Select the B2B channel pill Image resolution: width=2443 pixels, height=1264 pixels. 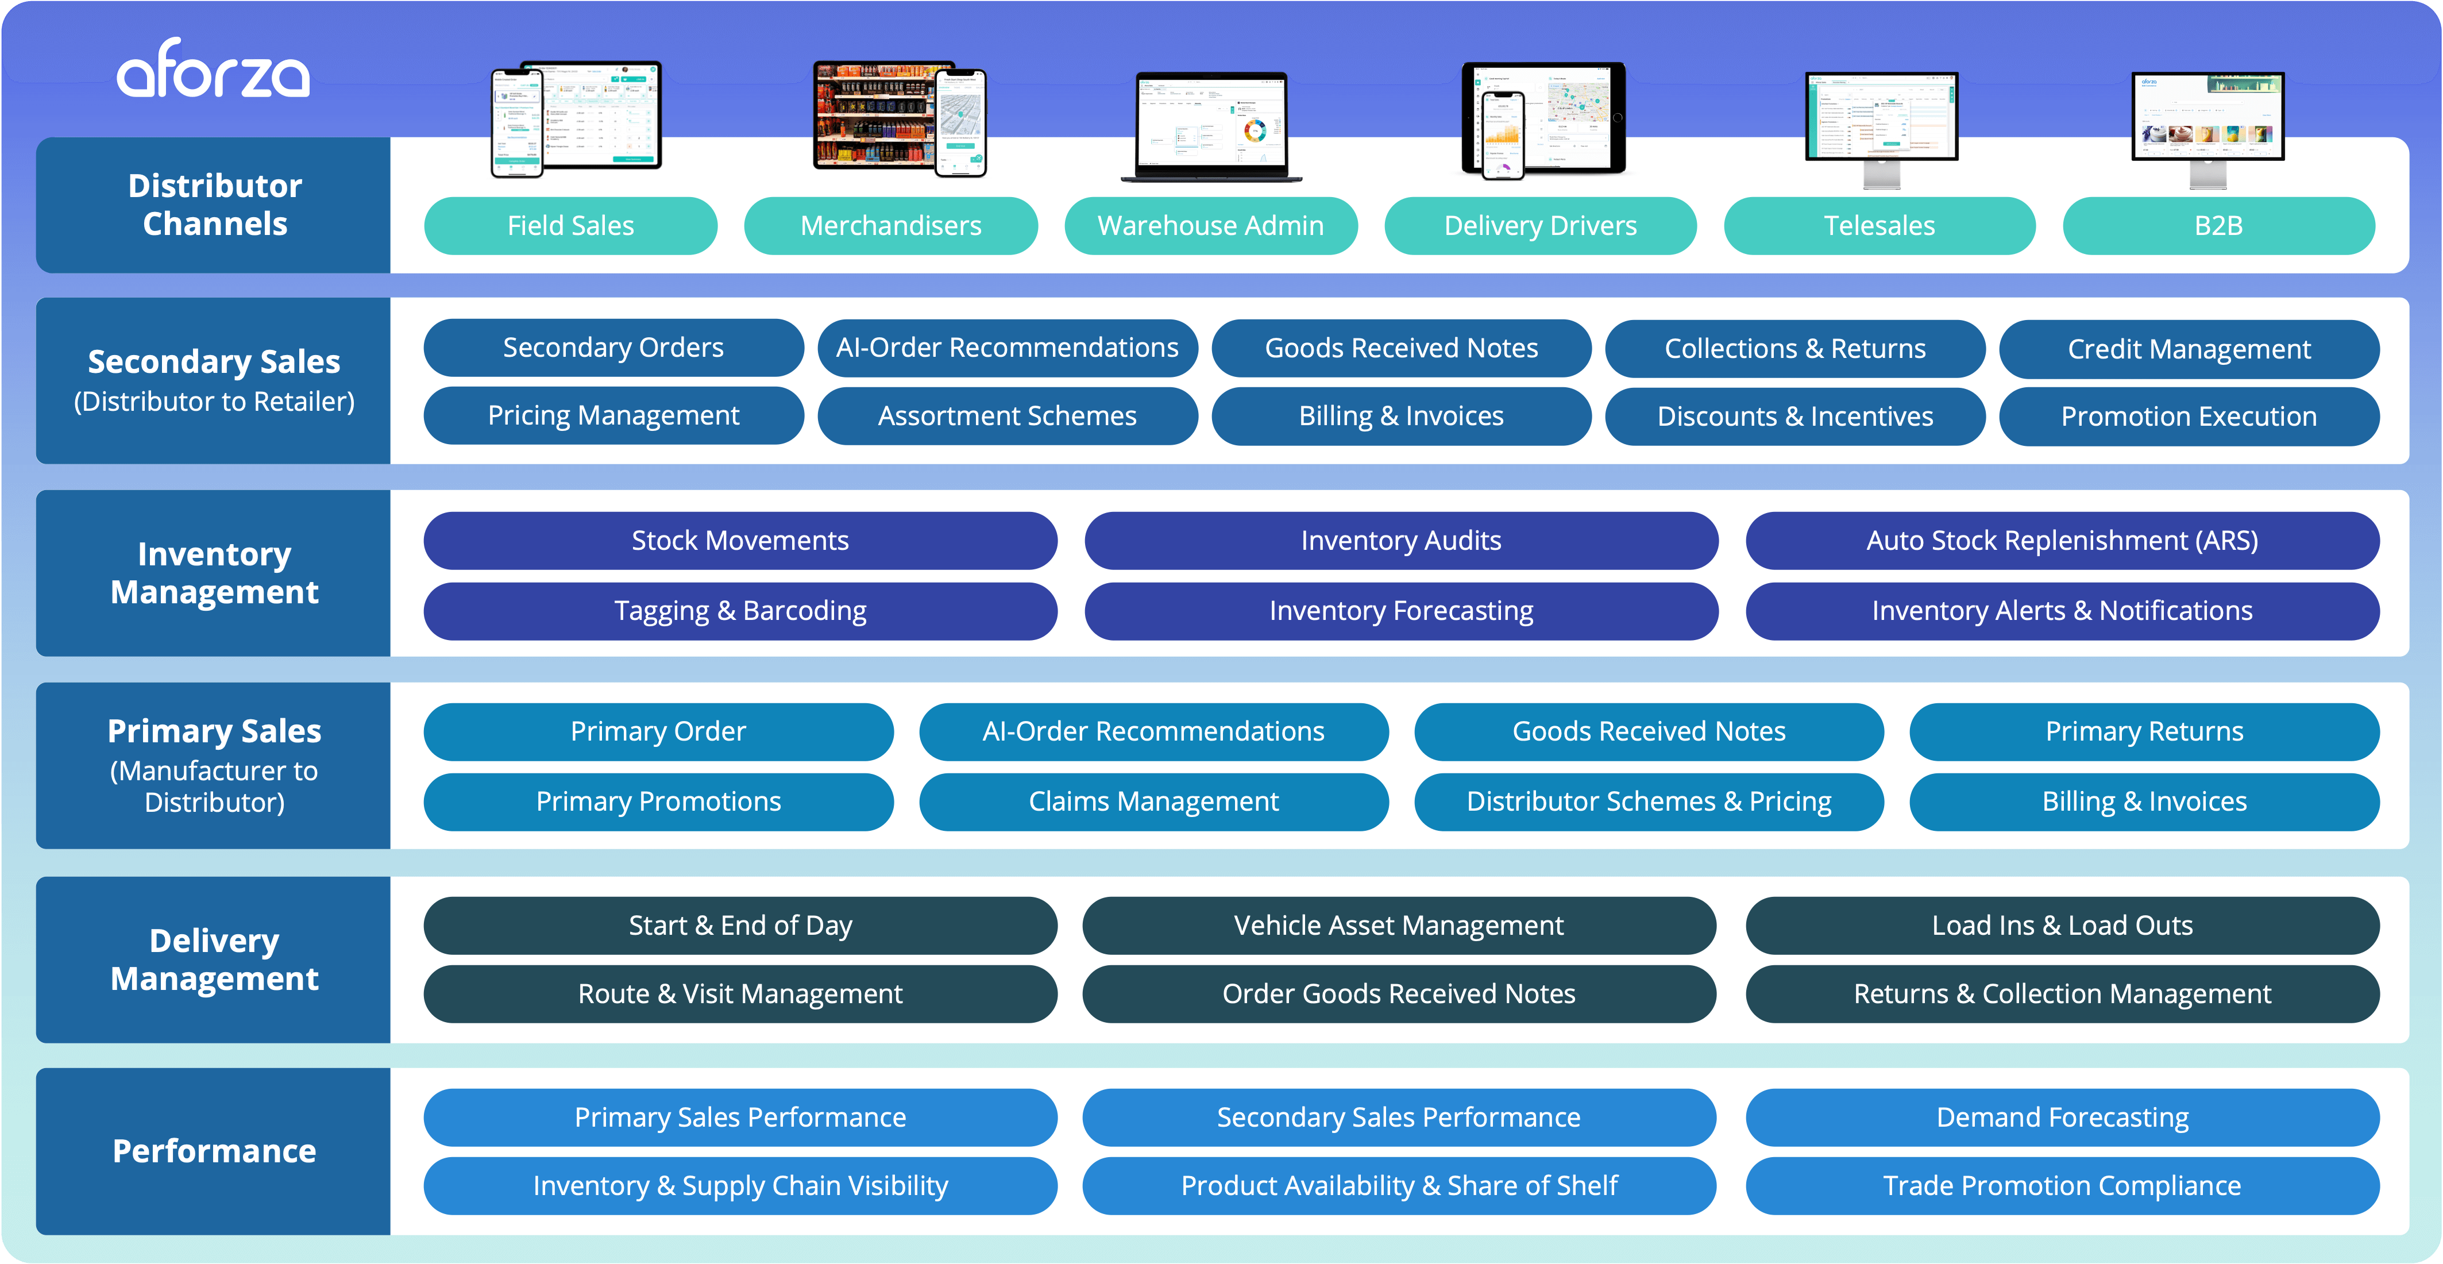pos(2218,226)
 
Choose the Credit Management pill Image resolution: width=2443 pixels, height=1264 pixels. pos(2189,349)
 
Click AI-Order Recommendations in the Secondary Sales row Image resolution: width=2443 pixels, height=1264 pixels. pos(1007,348)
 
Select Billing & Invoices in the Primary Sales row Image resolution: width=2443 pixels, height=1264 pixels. pos(2144,801)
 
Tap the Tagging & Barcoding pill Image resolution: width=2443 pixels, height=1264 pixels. pos(740,611)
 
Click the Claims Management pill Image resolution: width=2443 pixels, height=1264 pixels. pos(1153,801)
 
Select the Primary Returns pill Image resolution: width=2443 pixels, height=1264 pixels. pos(2144,731)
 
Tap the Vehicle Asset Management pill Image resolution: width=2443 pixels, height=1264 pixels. pos(1399,926)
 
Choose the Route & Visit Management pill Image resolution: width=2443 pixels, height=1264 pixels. pos(740,994)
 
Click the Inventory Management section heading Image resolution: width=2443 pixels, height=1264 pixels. pos(214,573)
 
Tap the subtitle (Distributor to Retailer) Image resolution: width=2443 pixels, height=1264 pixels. pos(214,402)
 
